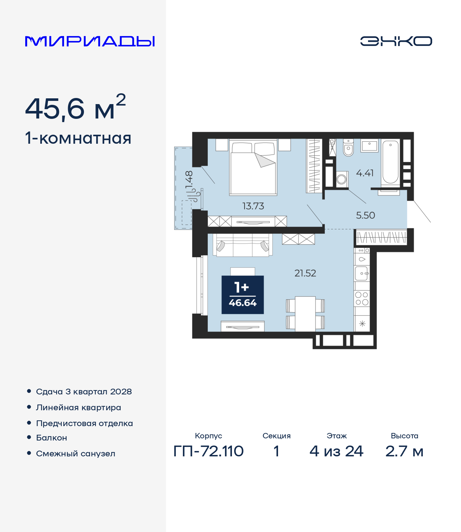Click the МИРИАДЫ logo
(90, 41)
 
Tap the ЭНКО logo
(396, 41)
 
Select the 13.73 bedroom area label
(253, 206)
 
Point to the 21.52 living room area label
(305, 273)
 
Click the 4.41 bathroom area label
(365, 173)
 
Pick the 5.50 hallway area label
(366, 215)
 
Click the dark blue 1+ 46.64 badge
(243, 295)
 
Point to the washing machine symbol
(342, 179)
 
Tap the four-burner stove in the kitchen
(362, 299)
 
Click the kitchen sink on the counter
(362, 273)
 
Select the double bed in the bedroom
(253, 167)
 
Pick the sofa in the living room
(243, 245)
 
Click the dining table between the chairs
(305, 314)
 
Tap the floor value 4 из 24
(336, 451)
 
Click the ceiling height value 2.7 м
(404, 451)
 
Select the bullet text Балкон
(52, 438)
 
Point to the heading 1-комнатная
(78, 138)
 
